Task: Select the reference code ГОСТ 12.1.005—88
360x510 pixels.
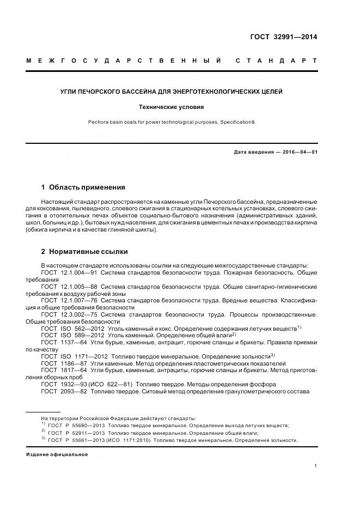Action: (x=69, y=286)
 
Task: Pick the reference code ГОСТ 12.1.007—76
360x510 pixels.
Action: (x=69, y=300)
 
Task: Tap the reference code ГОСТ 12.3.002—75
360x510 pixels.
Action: (x=69, y=314)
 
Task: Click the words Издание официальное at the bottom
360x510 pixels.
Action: (x=57, y=454)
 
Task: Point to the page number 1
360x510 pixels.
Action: (x=316, y=466)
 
